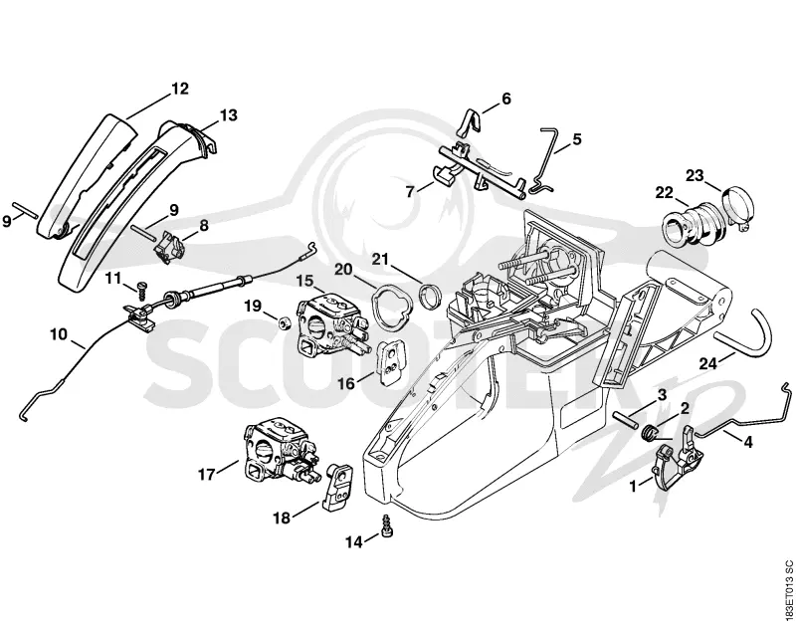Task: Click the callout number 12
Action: (180, 89)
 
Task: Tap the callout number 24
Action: (708, 363)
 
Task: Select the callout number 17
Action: (207, 475)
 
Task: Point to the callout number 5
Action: (577, 139)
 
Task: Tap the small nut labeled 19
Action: (285, 321)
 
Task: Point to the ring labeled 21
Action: (430, 296)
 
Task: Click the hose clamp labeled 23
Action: (735, 208)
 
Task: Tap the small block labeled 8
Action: (169, 246)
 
